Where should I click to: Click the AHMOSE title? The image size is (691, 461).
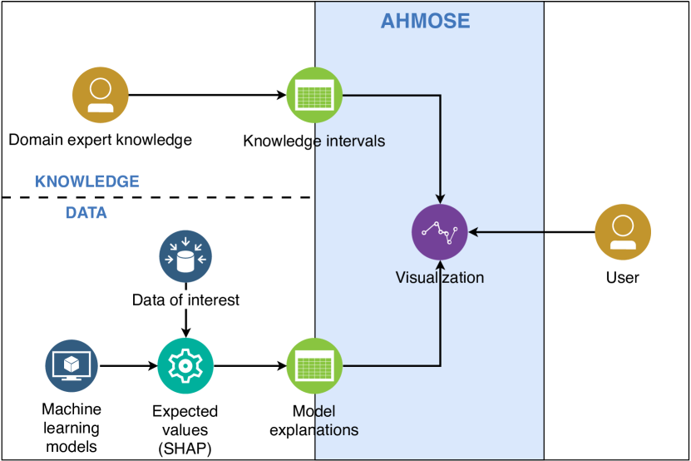(x=425, y=21)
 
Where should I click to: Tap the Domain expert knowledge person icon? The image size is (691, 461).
(x=101, y=95)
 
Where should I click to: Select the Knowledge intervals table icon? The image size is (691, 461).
(x=314, y=95)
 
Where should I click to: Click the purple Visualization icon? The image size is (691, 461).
(x=439, y=231)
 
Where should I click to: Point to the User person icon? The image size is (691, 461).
(x=623, y=232)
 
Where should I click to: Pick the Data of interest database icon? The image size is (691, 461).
(x=185, y=256)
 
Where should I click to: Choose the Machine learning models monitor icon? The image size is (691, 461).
(x=72, y=365)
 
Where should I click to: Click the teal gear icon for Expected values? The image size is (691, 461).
(x=185, y=365)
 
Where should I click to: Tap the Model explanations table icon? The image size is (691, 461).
(x=314, y=365)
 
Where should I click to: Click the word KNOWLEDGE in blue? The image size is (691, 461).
(x=87, y=181)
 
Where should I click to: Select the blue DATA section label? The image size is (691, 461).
(x=86, y=213)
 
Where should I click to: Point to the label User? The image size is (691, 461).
(x=623, y=277)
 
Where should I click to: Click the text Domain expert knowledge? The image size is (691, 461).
(x=101, y=140)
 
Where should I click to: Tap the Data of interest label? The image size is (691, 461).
(x=185, y=300)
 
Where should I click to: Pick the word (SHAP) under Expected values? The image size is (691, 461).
(x=185, y=449)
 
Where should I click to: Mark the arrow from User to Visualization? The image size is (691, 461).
(x=531, y=231)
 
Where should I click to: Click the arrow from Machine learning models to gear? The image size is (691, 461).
(x=128, y=365)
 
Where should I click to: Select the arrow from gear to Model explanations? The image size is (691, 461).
(x=250, y=365)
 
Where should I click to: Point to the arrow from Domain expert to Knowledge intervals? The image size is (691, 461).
(x=208, y=95)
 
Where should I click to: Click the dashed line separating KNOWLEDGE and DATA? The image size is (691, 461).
(x=157, y=197)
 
